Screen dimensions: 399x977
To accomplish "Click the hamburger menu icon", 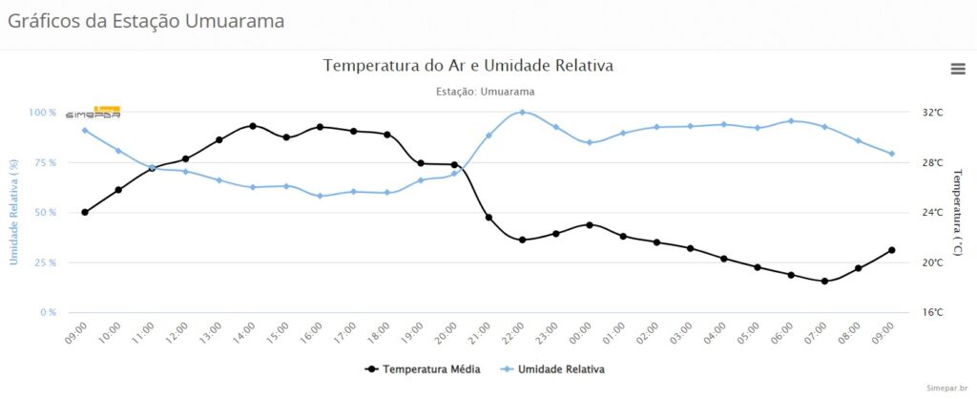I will [x=957, y=68].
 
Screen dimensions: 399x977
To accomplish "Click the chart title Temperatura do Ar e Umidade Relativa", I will [x=468, y=66].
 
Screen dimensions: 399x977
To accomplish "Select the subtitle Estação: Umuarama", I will [x=485, y=92].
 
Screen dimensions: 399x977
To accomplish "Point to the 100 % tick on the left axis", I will [x=42, y=113].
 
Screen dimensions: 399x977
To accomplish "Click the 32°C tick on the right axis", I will [x=932, y=113].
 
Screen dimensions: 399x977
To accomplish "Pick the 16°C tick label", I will [x=932, y=312].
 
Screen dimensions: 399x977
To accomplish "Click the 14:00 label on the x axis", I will [x=246, y=333].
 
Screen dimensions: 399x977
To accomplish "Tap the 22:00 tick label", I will [x=514, y=333].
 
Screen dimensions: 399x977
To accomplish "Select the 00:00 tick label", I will [x=582, y=333].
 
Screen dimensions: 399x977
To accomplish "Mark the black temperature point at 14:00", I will [x=253, y=126].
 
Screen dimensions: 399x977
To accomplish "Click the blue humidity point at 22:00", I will [x=522, y=113].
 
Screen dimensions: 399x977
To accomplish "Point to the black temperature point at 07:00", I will [x=824, y=281].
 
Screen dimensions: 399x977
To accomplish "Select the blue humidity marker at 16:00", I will [x=320, y=196].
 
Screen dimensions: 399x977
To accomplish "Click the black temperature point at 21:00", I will [x=488, y=218].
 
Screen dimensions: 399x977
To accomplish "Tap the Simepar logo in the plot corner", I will [x=94, y=113].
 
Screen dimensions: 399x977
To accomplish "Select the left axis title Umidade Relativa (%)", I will [x=12, y=212].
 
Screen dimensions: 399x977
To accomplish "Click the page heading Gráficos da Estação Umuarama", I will [x=146, y=20].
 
